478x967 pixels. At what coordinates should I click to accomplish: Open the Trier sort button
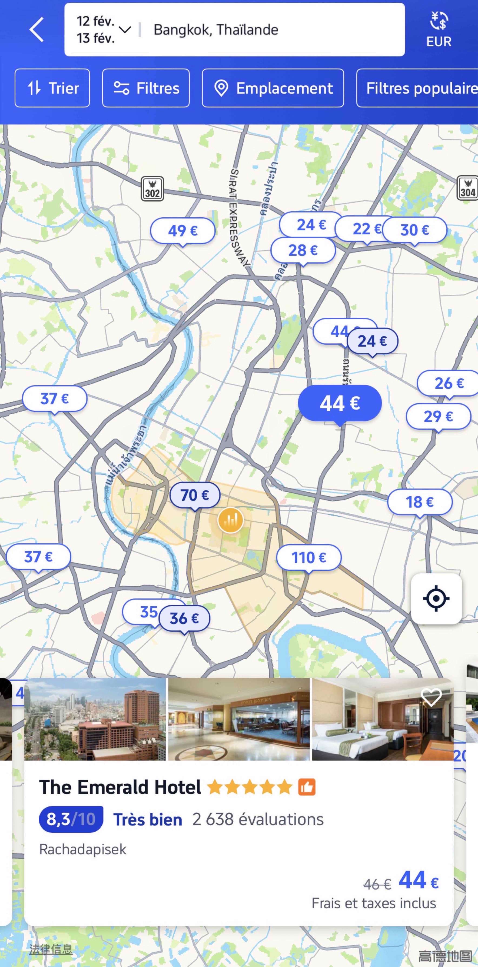coord(52,88)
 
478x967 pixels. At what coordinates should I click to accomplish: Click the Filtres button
coord(146,88)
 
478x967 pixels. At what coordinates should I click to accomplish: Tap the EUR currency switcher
coord(438,30)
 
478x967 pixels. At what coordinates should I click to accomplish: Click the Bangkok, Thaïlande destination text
coord(216,30)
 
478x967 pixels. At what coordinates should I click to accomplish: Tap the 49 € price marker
coord(182,231)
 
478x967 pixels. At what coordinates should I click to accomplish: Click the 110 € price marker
coord(309,557)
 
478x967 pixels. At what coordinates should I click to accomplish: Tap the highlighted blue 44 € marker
coord(340,403)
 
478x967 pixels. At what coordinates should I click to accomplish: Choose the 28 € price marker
coord(303,250)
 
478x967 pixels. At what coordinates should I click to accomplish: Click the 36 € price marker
coord(184,618)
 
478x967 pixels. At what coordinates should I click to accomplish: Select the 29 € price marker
coord(438,416)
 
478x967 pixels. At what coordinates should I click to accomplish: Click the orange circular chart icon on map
coord(231,520)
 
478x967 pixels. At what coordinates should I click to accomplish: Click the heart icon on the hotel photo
coord(431,697)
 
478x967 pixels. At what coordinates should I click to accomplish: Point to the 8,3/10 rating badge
coord(71,819)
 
